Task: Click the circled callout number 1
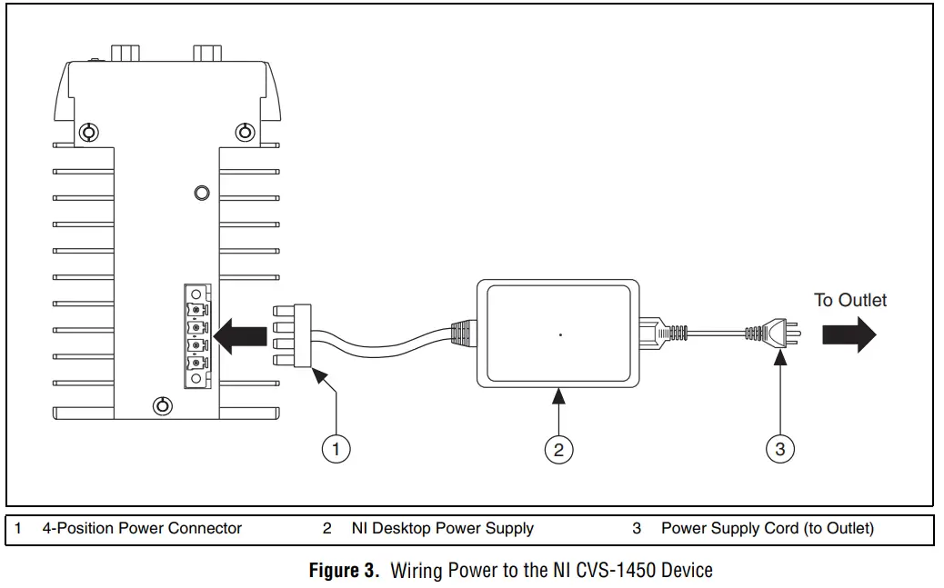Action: [x=336, y=449]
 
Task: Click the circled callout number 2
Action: [x=558, y=449]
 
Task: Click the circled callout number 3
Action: [x=780, y=449]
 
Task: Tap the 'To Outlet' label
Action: [x=849, y=300]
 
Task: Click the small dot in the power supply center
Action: [x=560, y=335]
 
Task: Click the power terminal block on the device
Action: [x=196, y=335]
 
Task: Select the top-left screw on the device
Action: [x=87, y=133]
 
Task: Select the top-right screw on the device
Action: [x=245, y=133]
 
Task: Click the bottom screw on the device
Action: [x=162, y=405]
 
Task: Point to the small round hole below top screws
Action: [x=203, y=193]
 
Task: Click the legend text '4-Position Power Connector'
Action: [x=142, y=528]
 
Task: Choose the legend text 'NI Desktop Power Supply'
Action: [x=442, y=528]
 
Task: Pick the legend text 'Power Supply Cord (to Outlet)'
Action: [x=767, y=528]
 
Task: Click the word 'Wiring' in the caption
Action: [x=417, y=571]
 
